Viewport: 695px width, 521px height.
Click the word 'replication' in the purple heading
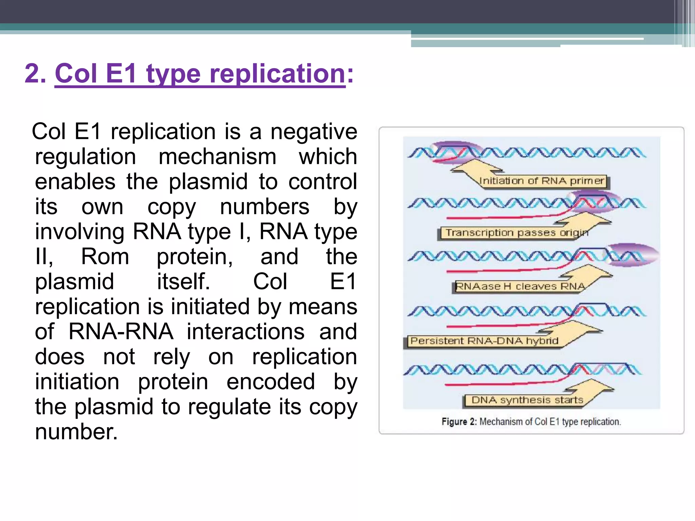point(277,74)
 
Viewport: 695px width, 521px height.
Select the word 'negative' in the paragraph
point(314,132)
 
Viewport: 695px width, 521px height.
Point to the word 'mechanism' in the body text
point(217,157)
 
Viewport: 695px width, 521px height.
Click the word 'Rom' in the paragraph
point(105,257)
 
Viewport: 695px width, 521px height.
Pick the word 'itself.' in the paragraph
point(183,282)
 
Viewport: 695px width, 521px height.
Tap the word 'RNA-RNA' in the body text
point(120,332)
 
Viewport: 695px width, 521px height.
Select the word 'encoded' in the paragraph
point(270,382)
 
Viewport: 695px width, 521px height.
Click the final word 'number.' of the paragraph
point(76,432)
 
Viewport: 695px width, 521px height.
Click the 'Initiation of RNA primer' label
point(542,181)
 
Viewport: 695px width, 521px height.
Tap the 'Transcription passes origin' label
point(516,233)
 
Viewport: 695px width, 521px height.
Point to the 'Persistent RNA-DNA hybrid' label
point(484,341)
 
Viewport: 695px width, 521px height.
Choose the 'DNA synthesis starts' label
point(527,400)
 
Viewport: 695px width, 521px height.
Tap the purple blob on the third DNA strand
point(633,255)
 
